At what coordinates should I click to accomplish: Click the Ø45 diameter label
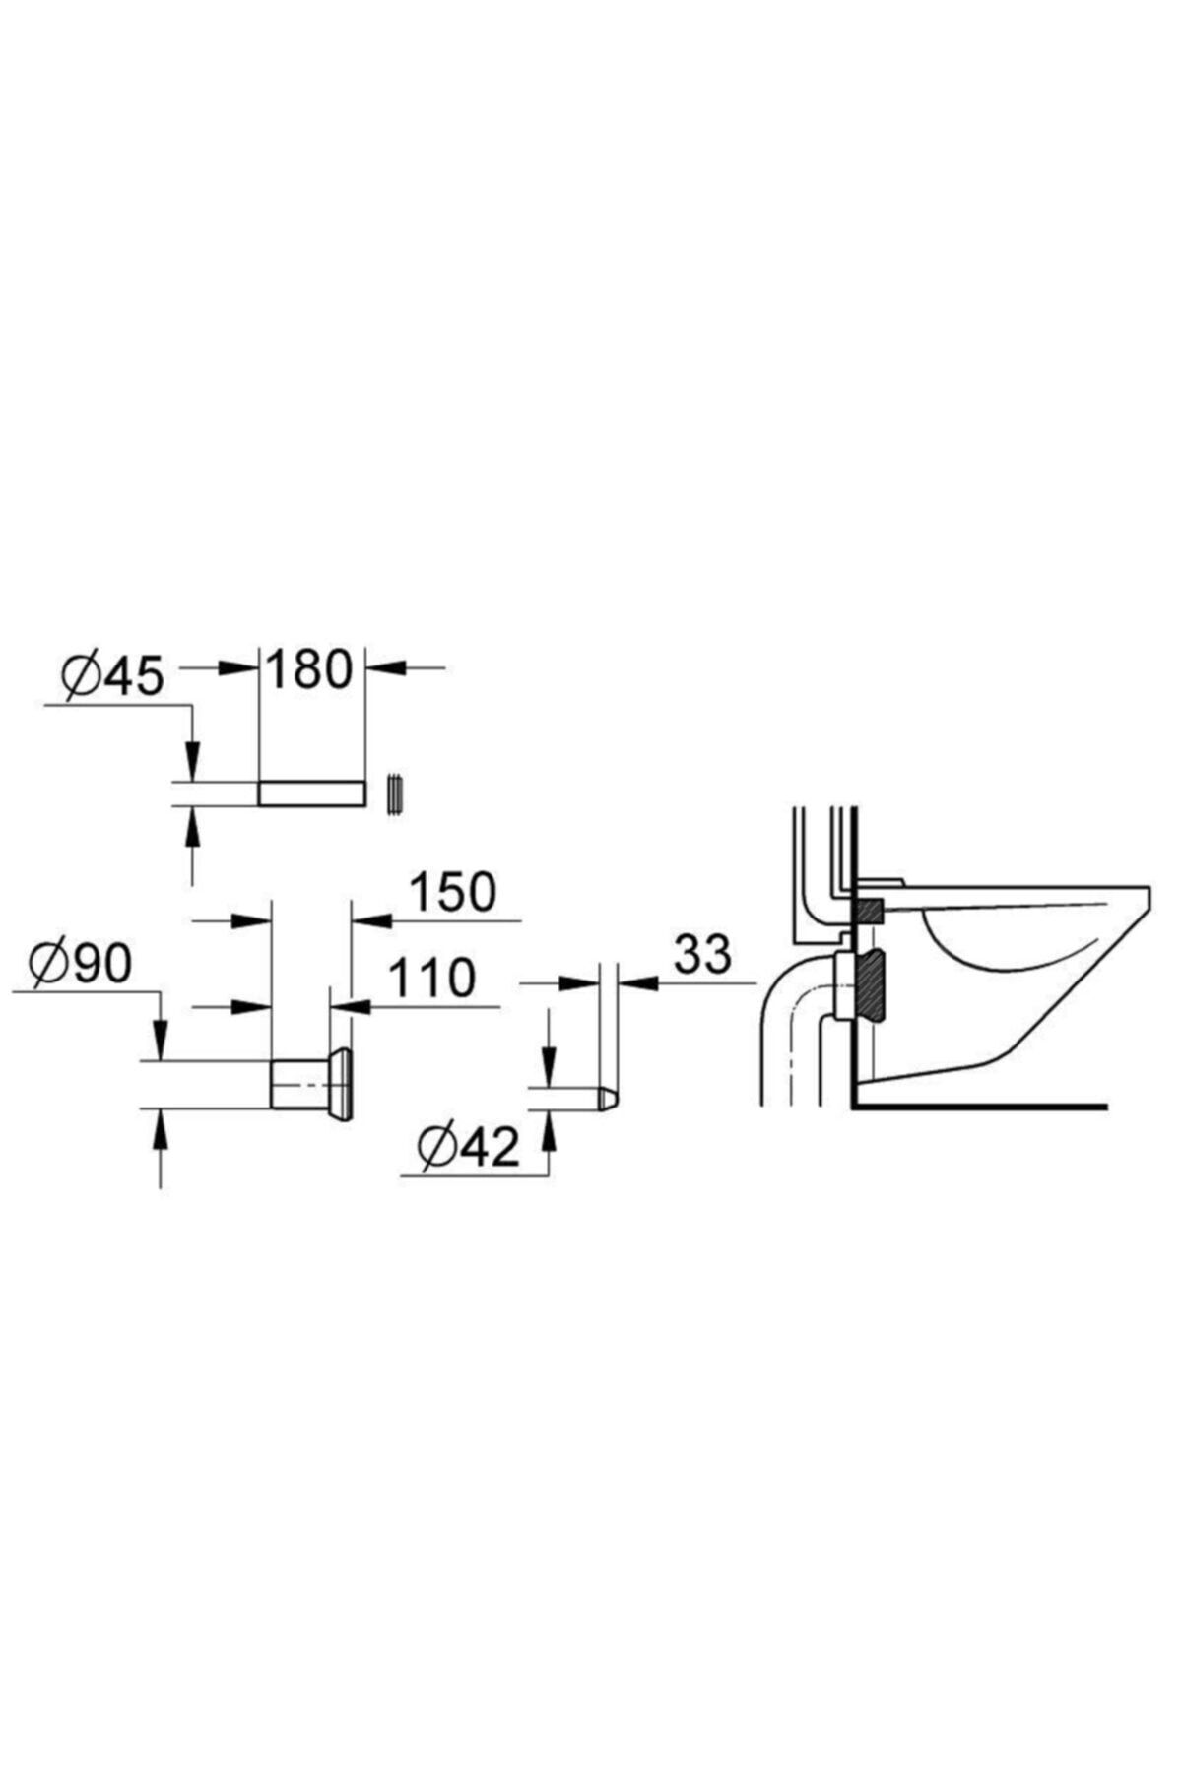tap(111, 676)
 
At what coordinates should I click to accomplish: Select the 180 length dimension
tap(308, 669)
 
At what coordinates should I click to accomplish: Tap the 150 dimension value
tap(452, 892)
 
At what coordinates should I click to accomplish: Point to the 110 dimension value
tap(431, 978)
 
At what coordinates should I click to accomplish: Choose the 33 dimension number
tap(703, 954)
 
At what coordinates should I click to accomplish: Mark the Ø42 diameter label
tap(467, 1147)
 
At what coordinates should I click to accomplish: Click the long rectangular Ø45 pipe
tap(312, 792)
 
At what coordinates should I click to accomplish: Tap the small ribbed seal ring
tap(397, 792)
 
